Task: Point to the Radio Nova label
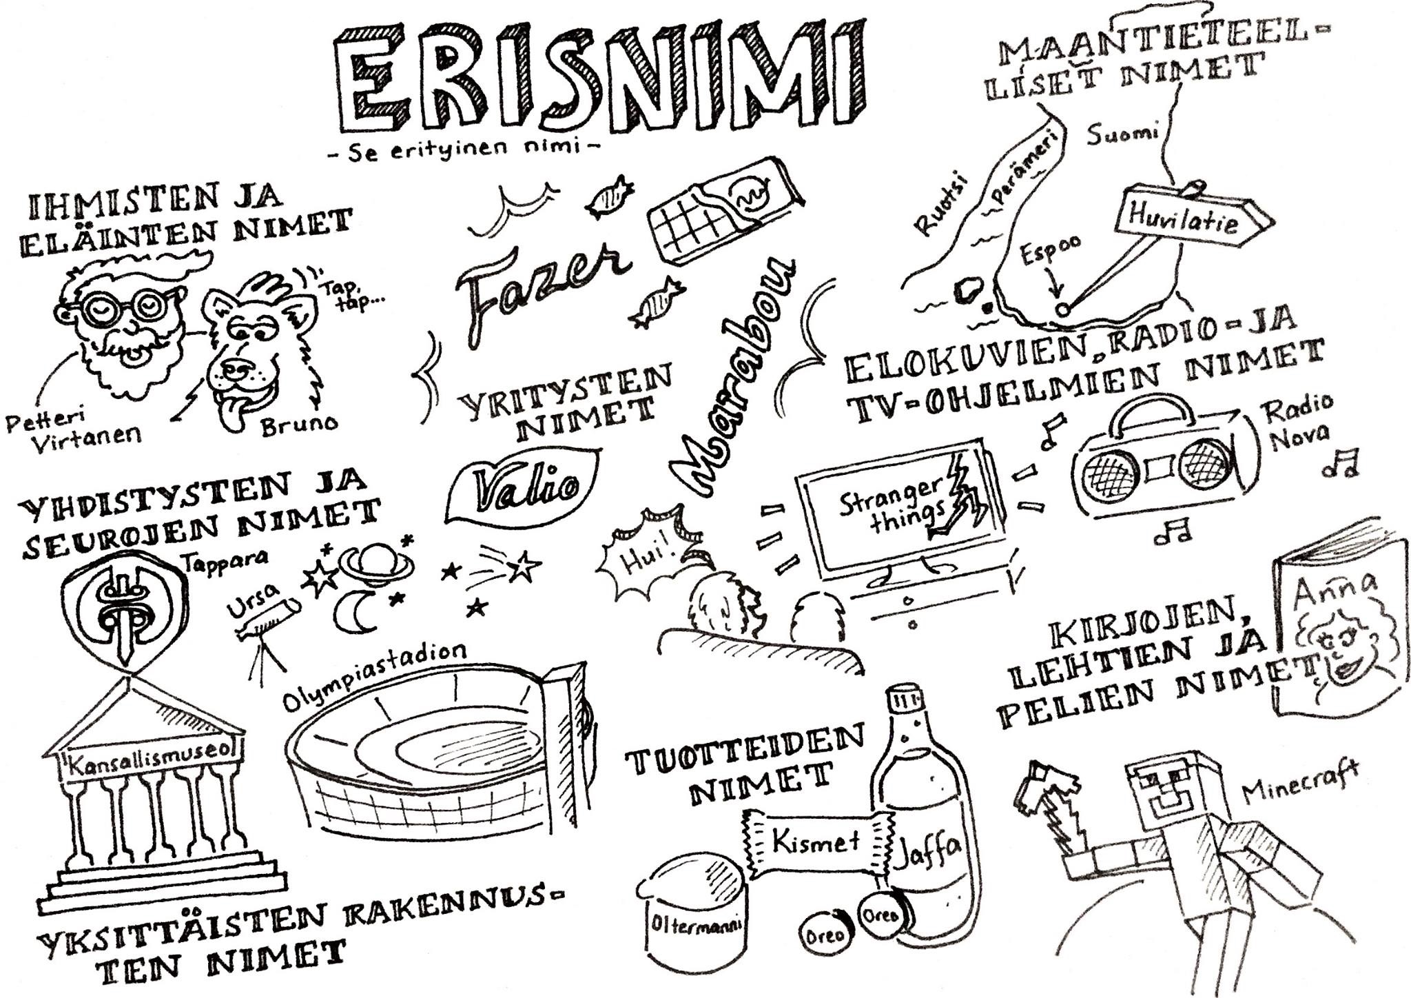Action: (1298, 423)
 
